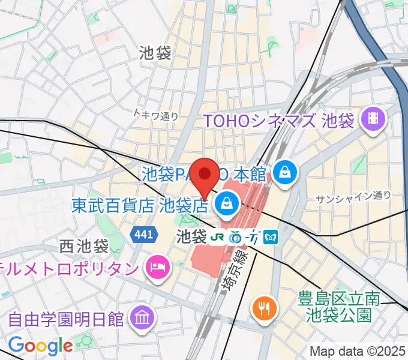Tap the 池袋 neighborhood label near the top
(x=155, y=53)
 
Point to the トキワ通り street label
(x=156, y=116)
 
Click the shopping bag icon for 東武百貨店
(x=227, y=205)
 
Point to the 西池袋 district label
(x=83, y=246)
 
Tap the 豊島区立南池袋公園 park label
(x=340, y=305)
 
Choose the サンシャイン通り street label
(x=353, y=196)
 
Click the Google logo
(x=41, y=345)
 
